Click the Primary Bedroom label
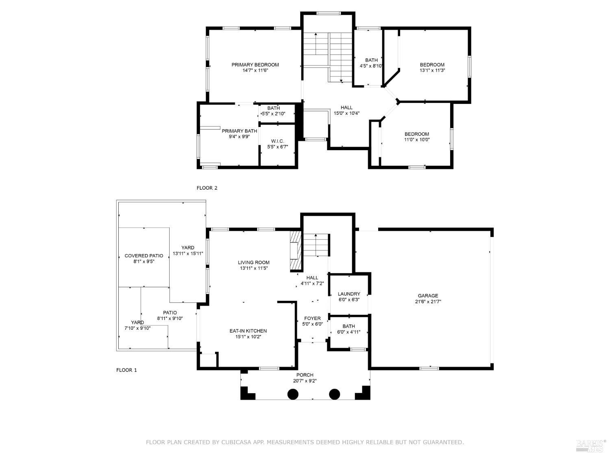(x=255, y=65)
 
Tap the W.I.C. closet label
(x=277, y=141)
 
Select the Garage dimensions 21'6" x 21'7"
(x=428, y=302)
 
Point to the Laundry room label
(x=349, y=294)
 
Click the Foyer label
(x=312, y=318)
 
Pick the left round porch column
(x=293, y=394)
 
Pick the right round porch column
(x=334, y=394)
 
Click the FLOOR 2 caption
(x=207, y=188)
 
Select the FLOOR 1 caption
(x=126, y=370)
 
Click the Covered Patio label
(x=144, y=256)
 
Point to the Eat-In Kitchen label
(x=248, y=331)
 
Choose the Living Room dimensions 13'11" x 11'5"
(x=253, y=268)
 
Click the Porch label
(x=305, y=375)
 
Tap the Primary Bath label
(x=239, y=131)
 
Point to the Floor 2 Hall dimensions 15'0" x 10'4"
(x=346, y=113)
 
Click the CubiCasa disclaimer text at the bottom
(x=305, y=442)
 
